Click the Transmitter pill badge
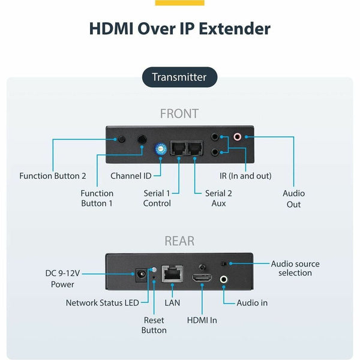(179, 77)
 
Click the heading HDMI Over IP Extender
(179, 28)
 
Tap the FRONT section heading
(179, 113)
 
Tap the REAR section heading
(179, 241)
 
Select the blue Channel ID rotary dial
(160, 149)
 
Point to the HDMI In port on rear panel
(201, 278)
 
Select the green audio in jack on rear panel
(224, 278)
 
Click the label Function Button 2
(53, 176)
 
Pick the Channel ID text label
(131, 176)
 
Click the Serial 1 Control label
(157, 198)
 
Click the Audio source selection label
(295, 268)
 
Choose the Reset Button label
(154, 325)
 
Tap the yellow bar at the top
(179, 2)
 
